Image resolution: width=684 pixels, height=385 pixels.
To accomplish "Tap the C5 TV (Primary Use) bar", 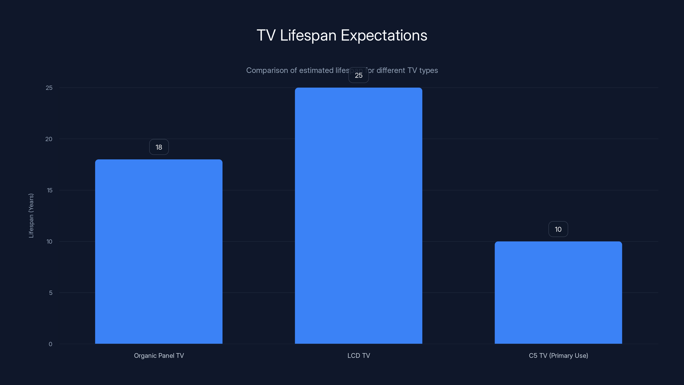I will (558, 293).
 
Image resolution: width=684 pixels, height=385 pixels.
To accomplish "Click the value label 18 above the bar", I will (159, 147).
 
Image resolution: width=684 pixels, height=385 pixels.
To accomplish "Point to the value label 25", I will (358, 76).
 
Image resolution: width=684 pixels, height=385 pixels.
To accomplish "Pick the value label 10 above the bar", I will (558, 229).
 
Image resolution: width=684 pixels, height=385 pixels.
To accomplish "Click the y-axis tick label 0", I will (50, 344).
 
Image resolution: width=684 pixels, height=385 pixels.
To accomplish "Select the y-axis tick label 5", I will (50, 293).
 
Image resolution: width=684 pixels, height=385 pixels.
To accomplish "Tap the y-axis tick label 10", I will (49, 241).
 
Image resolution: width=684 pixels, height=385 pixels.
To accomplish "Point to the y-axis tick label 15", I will (49, 190).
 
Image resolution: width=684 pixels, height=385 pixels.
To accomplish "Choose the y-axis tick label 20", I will (49, 139).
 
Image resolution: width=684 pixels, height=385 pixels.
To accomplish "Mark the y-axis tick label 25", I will (49, 88).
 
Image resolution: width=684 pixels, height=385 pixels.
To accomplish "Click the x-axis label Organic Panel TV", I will (159, 355).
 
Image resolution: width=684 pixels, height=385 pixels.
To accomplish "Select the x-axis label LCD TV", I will (358, 355).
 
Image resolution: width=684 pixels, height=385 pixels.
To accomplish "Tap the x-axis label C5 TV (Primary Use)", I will (558, 355).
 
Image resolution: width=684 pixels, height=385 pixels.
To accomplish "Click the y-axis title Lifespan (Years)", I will (31, 215).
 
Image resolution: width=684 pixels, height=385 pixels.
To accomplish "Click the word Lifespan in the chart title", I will (308, 35).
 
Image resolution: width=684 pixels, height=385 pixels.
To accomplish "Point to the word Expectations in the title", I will (384, 35).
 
